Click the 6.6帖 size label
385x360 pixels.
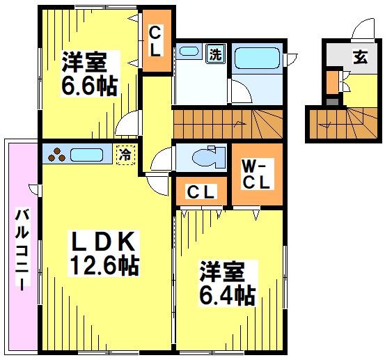click(87, 87)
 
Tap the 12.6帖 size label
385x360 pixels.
click(104, 265)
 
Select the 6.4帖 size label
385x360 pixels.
click(227, 295)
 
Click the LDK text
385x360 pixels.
click(104, 240)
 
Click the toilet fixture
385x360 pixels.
click(208, 157)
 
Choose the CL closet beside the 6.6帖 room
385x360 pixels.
click(155, 42)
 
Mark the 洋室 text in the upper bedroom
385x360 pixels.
click(84, 63)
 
